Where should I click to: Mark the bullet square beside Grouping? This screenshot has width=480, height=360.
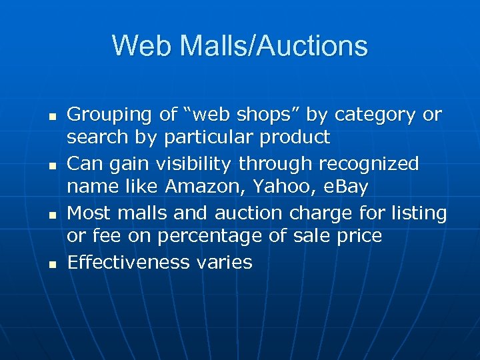(x=51, y=117)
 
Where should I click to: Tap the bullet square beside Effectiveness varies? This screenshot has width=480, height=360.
(x=51, y=264)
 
